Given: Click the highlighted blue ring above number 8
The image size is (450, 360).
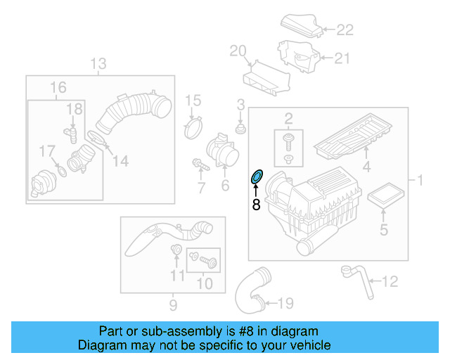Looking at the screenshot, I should pos(257,176).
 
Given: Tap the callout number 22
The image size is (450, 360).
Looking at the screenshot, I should pos(345,30).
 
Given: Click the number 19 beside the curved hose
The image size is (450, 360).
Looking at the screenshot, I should pos(285,304).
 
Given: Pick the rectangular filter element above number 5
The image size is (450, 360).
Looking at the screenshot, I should pos(384,196).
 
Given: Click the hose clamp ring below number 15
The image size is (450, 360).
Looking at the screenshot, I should pos(193,129).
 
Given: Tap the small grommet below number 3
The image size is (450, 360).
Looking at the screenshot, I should pos(240,130).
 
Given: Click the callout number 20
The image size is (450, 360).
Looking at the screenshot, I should pos(238,51).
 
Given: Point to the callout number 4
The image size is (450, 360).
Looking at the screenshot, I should pos(366,167).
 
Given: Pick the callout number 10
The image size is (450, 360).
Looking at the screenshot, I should pos(205,284).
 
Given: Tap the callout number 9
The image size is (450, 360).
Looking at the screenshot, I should pos(172,304).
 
